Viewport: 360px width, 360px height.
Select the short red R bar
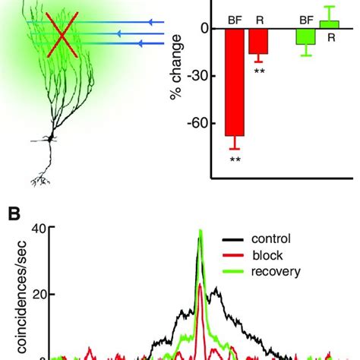260,41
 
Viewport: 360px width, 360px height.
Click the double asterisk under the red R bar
260,71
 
